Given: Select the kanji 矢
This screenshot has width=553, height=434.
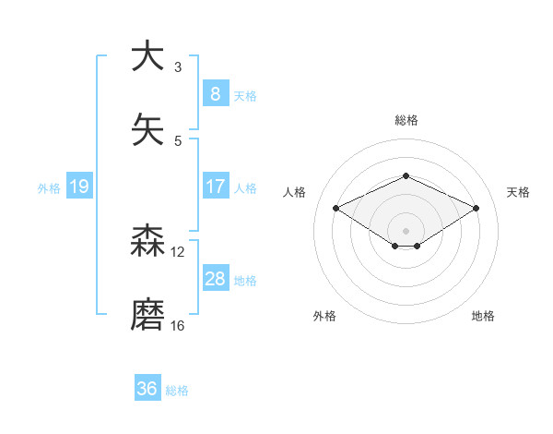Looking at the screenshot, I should [147, 129].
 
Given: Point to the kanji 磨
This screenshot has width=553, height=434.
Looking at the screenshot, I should [147, 315].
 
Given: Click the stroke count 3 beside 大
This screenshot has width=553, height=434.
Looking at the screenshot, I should [178, 66].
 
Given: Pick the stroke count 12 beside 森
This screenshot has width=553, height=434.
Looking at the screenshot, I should [178, 251].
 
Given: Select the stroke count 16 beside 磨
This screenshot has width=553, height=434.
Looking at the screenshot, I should [178, 325].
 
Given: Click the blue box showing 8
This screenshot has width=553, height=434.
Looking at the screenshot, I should [215, 94].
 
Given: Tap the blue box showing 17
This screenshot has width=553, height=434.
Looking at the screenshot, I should [215, 187].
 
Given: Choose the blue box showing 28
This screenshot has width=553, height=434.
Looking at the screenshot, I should [215, 279].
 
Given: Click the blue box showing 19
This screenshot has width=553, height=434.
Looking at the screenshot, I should [78, 187].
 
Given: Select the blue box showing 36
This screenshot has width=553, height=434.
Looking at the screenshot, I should [147, 389].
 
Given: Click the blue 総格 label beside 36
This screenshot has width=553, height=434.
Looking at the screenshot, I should [177, 391].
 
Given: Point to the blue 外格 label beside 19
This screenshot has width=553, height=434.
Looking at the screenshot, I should [49, 187].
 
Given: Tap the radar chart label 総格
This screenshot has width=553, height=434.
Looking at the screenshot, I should [406, 120].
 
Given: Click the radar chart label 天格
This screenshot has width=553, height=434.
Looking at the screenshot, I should [518, 192].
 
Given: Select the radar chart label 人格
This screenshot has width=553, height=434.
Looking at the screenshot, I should [295, 192].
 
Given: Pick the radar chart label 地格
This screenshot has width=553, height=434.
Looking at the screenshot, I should [483, 316].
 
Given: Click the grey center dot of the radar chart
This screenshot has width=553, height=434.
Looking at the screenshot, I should [406, 230].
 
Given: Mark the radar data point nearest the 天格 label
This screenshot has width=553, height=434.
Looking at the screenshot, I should [476, 208].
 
